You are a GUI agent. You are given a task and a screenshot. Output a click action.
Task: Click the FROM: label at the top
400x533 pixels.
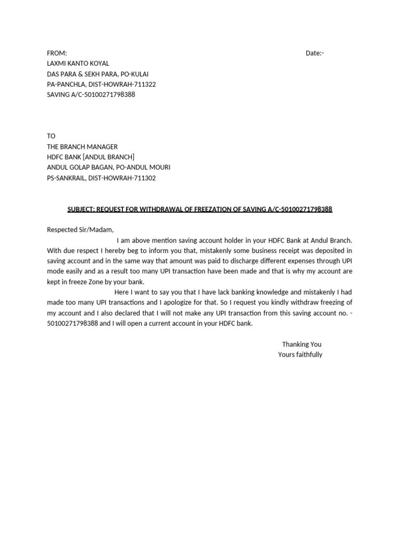coord(57,53)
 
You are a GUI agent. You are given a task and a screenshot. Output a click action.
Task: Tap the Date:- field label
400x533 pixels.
coord(315,53)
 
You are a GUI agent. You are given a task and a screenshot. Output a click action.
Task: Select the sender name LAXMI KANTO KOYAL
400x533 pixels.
coord(78,64)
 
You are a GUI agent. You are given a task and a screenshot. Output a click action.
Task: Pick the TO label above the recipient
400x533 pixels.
coord(51,136)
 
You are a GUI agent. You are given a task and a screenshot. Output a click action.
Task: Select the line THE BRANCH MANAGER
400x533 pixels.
coord(82,147)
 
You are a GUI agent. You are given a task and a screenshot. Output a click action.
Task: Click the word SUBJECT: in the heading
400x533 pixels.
coord(82,209)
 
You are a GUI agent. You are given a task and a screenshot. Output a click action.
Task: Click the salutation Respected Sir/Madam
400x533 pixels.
coord(80,230)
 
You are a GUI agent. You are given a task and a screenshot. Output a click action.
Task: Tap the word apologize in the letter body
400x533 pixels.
coord(208,302)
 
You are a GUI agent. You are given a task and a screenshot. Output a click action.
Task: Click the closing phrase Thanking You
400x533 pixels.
coord(302,344)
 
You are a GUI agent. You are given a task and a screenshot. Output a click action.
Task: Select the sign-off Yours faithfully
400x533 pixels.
coord(300,354)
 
